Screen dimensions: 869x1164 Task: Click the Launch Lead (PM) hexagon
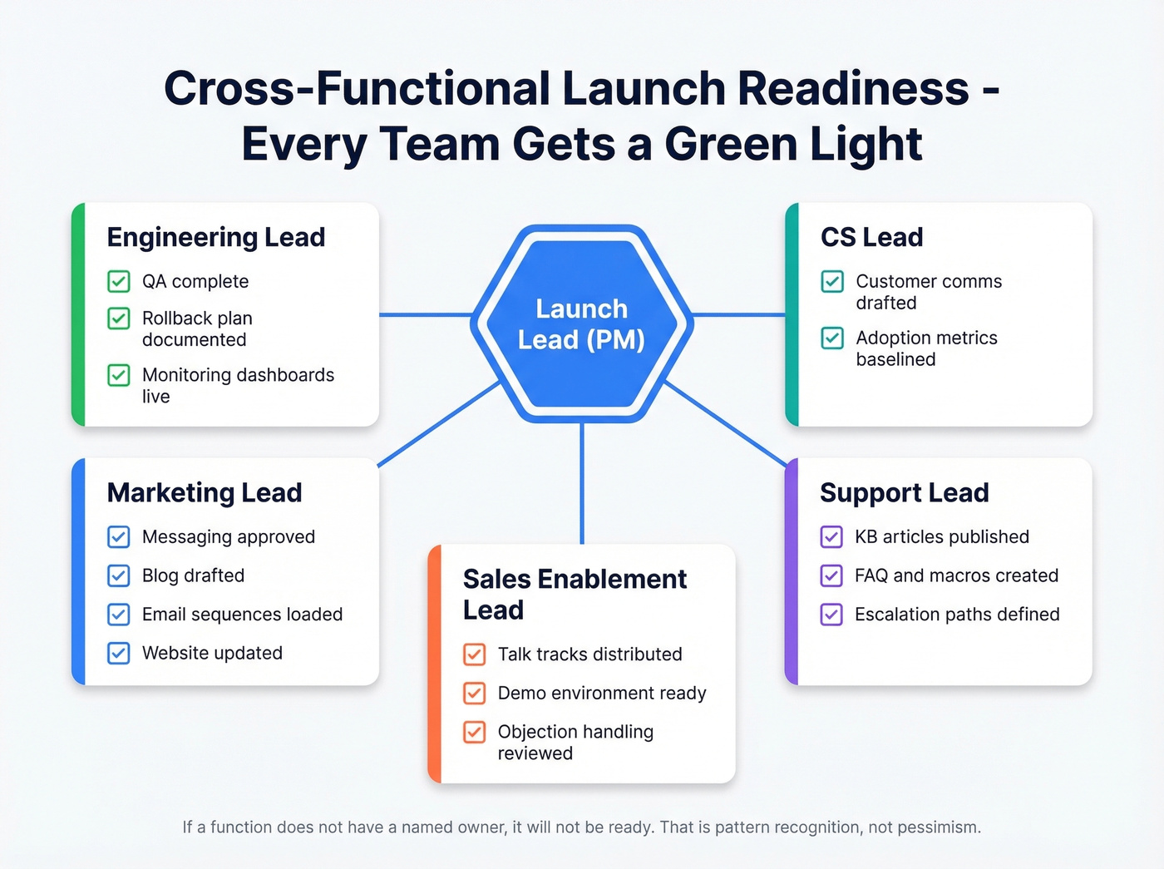pos(581,324)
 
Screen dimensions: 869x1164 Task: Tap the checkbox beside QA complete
pos(119,281)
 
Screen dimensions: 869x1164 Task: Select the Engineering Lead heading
pos(215,237)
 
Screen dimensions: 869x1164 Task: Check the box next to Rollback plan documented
pos(119,318)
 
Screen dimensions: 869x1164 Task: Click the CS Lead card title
pos(871,237)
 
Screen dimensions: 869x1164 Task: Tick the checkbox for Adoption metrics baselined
pos(832,338)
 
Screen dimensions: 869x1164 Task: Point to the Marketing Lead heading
pos(204,492)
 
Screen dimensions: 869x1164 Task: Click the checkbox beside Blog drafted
pos(119,575)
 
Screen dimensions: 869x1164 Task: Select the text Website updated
pos(212,653)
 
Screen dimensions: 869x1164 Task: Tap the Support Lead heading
pos(904,492)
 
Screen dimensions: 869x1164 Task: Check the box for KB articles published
pos(831,536)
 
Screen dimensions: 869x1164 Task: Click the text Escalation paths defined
pos(957,614)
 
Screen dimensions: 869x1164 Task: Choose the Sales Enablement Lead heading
pos(575,594)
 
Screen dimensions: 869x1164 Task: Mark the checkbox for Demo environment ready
pos(475,693)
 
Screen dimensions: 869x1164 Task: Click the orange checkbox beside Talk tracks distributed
pos(475,654)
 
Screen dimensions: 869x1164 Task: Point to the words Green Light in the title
pos(793,145)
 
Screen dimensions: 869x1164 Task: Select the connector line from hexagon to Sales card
pos(582,482)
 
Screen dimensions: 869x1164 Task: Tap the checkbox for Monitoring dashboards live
pos(119,375)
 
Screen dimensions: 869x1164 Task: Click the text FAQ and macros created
pos(956,575)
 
